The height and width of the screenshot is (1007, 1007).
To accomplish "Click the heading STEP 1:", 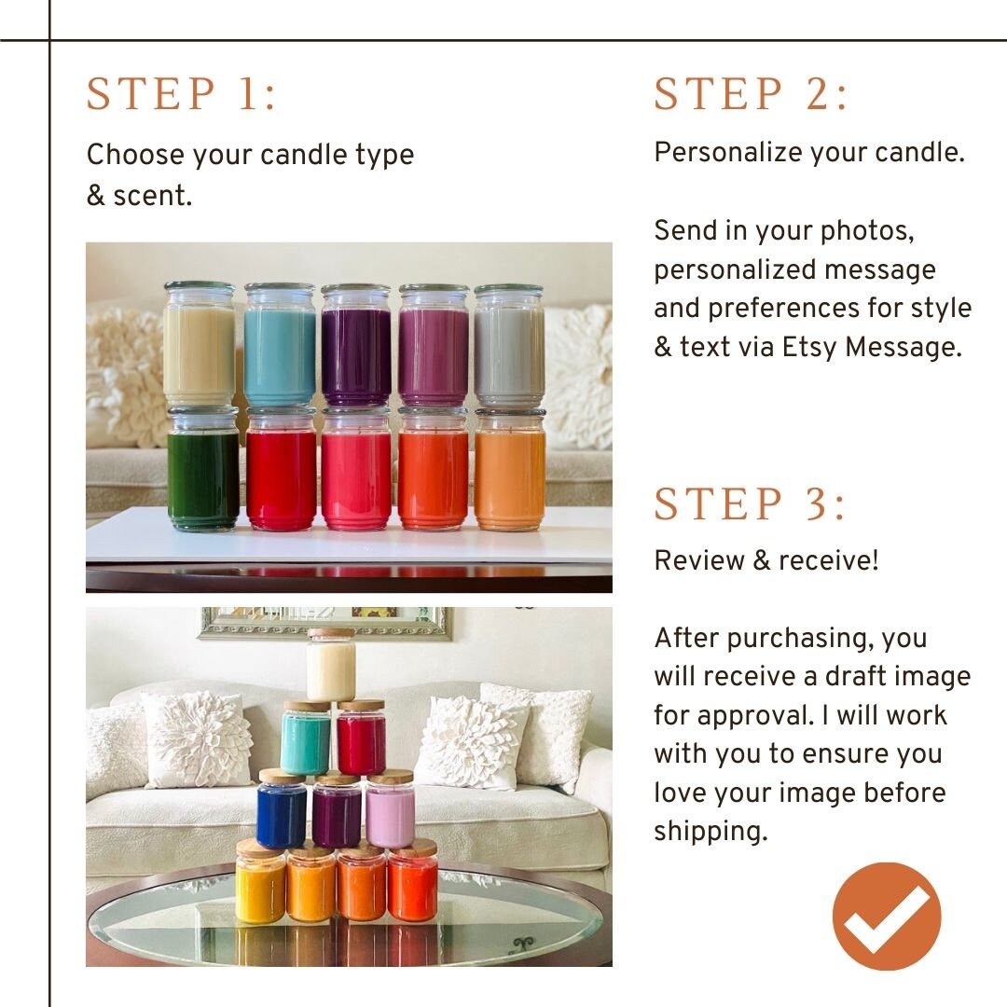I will coord(182,94).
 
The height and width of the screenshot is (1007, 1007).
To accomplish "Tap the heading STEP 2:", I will coord(752,94).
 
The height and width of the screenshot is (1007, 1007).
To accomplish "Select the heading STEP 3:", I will coord(751,504).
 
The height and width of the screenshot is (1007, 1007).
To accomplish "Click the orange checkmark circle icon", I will coord(887,917).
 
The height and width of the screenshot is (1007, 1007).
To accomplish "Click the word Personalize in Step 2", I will coord(725,152).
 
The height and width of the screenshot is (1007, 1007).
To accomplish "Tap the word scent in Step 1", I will coord(152,196).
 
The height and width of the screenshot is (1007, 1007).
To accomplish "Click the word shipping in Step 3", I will coord(710,832).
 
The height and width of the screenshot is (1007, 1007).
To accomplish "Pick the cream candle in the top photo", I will coord(200,347).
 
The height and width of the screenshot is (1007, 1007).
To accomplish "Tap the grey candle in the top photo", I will coord(509,347).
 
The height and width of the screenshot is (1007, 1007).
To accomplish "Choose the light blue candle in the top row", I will coord(279,347).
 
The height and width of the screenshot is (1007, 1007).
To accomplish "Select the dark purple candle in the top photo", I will coord(356,347).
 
